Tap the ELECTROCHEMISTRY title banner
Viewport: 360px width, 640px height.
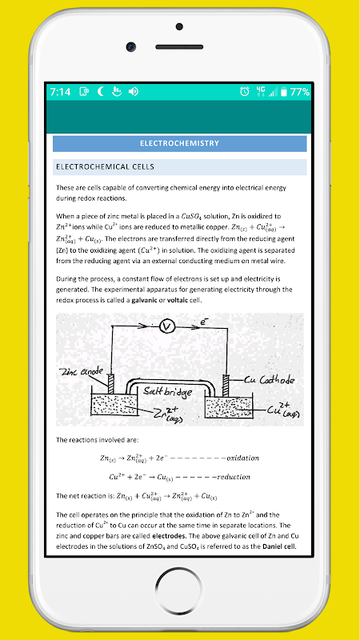179,144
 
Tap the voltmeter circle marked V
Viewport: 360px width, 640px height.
167,326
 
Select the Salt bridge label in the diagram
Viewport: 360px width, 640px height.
166,391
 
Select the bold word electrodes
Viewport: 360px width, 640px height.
169,535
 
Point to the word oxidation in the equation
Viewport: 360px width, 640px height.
243,458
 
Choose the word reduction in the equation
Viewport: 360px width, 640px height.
234,477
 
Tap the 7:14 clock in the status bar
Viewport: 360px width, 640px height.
61,92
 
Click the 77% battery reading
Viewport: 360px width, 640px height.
299,92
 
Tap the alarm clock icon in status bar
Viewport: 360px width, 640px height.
245,91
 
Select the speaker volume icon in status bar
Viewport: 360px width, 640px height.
134,92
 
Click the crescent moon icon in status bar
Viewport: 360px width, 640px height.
101,91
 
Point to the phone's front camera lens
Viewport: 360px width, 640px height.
131,47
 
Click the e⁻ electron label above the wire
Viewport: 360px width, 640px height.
205,322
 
